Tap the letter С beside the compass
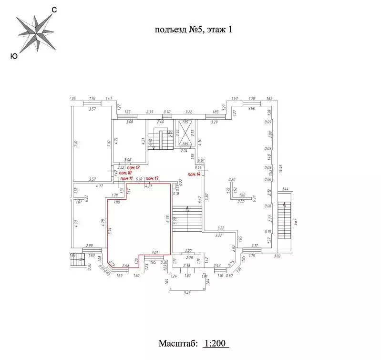[x=54, y=10]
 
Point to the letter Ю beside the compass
[x=14, y=56]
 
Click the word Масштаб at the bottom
[x=176, y=344]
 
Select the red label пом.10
[x=125, y=173]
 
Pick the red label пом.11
[x=126, y=179]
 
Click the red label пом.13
[x=152, y=179]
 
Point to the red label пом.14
[x=194, y=175]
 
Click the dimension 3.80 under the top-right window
[x=252, y=108]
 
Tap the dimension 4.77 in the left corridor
[x=100, y=186]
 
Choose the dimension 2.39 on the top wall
[x=150, y=112]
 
